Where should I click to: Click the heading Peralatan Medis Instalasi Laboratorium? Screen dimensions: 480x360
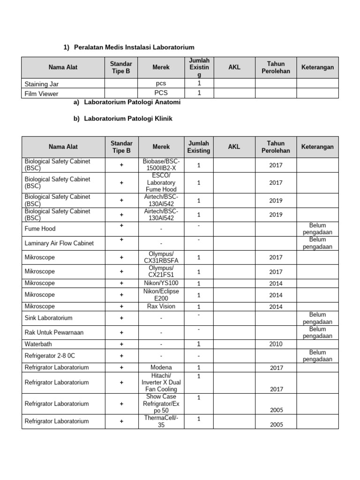(x=134, y=47)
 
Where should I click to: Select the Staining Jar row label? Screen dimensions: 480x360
(x=42, y=84)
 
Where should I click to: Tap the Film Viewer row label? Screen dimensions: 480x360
(x=42, y=94)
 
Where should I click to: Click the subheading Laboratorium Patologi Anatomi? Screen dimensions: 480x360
(x=132, y=102)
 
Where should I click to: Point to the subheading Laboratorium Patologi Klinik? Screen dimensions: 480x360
(x=128, y=119)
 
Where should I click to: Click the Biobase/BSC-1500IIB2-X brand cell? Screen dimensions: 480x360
(x=161, y=165)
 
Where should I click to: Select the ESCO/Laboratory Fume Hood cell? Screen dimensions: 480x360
(x=161, y=182)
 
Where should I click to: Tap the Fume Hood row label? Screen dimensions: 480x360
(x=40, y=229)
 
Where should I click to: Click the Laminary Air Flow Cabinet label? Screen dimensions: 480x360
(x=59, y=243)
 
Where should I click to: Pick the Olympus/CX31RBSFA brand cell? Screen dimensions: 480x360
(x=161, y=257)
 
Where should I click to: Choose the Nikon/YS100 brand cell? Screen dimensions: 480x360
(x=161, y=283)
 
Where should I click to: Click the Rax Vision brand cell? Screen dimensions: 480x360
(x=161, y=306)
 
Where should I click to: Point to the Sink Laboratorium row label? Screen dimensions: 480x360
(x=48, y=318)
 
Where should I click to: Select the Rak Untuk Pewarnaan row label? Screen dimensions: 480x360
(x=54, y=332)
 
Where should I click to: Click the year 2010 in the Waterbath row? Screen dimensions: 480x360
(x=276, y=344)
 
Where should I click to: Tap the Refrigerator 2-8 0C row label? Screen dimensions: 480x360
(x=50, y=356)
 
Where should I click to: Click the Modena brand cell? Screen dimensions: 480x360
(x=161, y=367)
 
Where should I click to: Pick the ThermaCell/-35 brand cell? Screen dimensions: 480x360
(x=161, y=421)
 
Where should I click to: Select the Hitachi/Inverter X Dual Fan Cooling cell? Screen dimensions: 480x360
(x=161, y=382)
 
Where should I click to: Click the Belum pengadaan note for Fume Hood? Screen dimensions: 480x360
(x=317, y=229)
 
